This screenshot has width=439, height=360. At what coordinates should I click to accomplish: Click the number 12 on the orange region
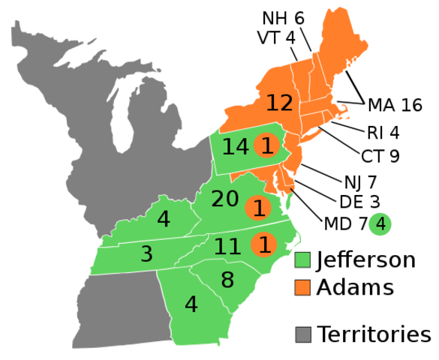(279, 103)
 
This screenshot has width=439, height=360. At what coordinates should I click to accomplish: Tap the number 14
(235, 147)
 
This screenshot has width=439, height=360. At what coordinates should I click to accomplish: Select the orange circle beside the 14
(266, 145)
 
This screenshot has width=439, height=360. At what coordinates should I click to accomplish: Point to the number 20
(224, 199)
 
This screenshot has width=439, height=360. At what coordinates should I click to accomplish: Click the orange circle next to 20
(259, 208)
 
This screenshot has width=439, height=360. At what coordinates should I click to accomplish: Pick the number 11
(227, 247)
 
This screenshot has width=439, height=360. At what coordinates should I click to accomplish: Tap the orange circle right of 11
(263, 244)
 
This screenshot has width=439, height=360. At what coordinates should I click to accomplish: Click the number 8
(227, 280)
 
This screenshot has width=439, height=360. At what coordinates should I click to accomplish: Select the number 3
(146, 254)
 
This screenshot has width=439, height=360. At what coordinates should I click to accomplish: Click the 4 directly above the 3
(164, 220)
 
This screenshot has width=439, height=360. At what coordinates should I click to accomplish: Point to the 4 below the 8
(191, 305)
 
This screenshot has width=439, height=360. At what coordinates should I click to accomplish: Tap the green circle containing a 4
(380, 223)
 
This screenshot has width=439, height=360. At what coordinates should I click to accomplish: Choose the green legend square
(302, 260)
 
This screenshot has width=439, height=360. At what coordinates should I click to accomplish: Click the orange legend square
(302, 287)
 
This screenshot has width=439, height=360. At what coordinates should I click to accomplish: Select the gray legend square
(303, 334)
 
